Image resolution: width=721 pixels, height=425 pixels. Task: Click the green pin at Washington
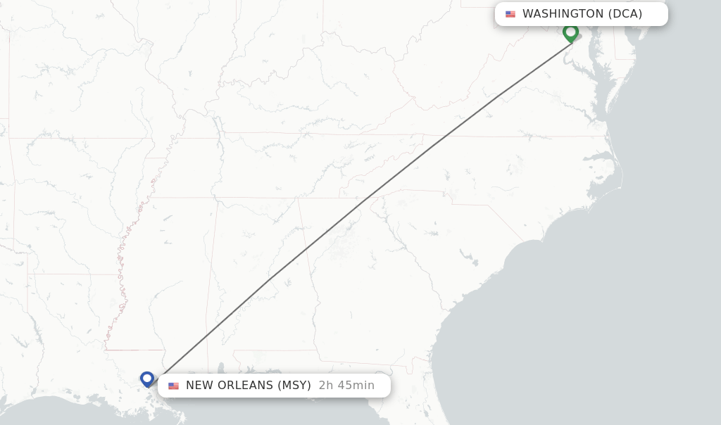570,32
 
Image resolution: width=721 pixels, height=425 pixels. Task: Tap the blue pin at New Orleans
147,379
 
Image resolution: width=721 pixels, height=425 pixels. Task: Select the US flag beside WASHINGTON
510,14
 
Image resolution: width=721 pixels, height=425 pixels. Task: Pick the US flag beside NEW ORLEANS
173,386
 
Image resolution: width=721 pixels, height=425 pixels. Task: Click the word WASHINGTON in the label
563,14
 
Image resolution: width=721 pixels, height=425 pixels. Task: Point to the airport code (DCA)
625,14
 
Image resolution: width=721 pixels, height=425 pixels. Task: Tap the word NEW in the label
201,386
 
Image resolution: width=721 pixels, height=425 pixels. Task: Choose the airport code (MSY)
294,386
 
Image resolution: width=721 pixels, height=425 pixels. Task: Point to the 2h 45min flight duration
346,386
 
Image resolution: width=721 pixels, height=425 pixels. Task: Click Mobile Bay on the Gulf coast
221,370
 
